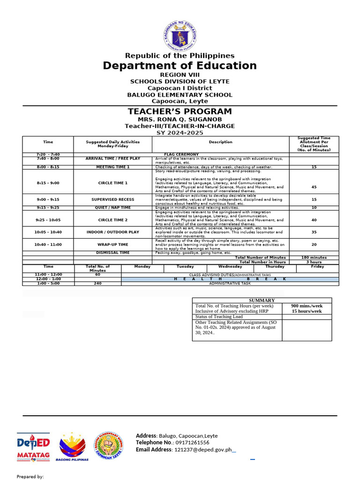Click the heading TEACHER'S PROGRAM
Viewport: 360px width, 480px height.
point(180,112)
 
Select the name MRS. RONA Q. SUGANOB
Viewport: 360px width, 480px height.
point(180,120)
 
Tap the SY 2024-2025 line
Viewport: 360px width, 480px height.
point(180,133)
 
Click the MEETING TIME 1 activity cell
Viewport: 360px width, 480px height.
point(113,167)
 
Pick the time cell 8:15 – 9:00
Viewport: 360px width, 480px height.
point(48,183)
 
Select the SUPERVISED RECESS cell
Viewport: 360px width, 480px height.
point(113,200)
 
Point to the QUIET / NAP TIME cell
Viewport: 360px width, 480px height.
point(113,208)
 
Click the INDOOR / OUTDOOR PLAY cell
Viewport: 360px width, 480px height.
point(113,232)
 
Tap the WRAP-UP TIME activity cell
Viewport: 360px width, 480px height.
point(113,244)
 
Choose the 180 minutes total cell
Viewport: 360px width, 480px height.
point(314,257)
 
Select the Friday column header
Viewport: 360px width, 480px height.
point(317,266)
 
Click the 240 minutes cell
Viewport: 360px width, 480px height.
point(97,283)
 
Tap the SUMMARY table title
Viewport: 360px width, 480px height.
point(262,300)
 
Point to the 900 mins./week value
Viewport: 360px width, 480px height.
point(307,306)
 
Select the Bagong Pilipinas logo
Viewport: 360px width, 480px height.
point(72,447)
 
